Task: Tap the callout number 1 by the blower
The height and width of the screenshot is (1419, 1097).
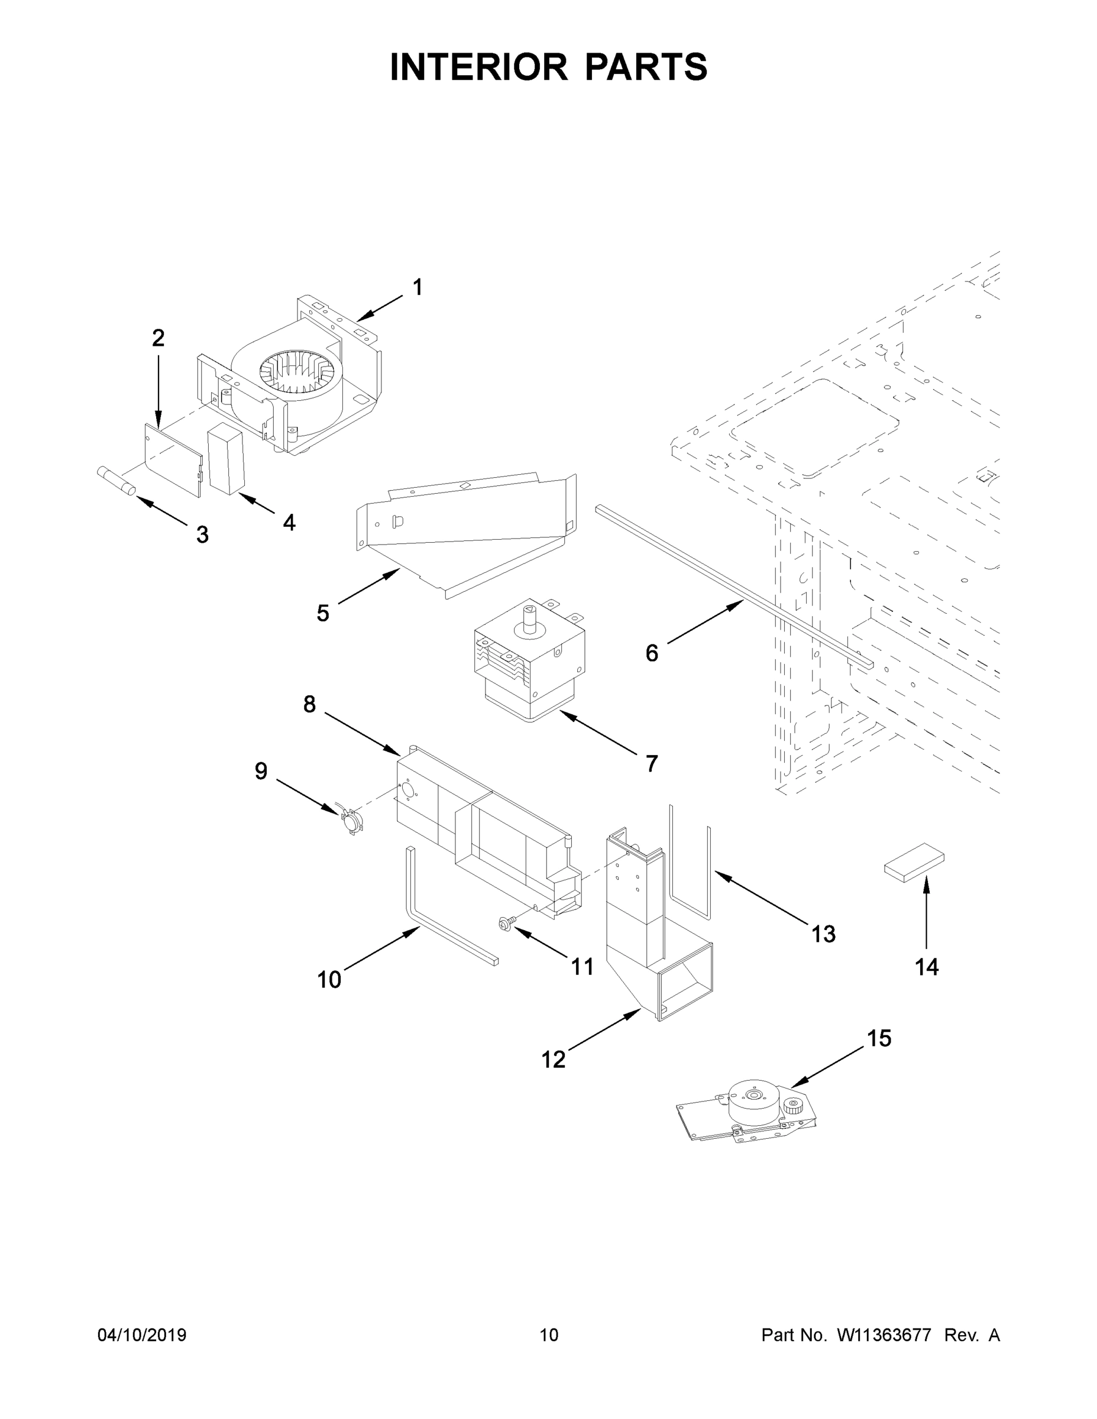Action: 418,287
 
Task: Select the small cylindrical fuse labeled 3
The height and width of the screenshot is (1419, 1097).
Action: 116,480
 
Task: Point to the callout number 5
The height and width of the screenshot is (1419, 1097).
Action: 323,613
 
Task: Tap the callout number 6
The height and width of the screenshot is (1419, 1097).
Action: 652,653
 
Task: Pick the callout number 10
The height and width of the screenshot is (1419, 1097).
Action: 329,980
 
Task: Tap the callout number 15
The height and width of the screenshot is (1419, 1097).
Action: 879,1038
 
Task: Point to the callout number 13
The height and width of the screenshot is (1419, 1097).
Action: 823,934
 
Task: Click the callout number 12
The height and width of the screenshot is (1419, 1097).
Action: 553,1060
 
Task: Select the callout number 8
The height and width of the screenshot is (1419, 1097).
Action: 309,704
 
